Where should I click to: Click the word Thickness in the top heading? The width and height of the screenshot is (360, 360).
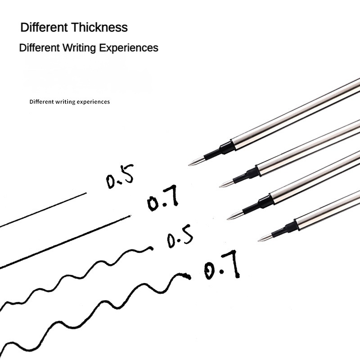point(99,27)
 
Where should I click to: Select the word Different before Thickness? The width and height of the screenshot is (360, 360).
point(44,27)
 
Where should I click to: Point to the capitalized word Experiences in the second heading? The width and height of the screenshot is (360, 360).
point(129,48)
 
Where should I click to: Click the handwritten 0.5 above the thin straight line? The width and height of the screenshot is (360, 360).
point(120,176)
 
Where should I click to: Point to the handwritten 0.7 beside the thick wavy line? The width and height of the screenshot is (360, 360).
point(222,265)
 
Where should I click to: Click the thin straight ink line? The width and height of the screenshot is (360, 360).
point(43,210)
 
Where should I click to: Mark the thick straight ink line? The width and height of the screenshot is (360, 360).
point(65,242)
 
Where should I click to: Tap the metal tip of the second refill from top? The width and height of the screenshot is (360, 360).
point(227,184)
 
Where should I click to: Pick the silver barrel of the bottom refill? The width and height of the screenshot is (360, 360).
point(328,210)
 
